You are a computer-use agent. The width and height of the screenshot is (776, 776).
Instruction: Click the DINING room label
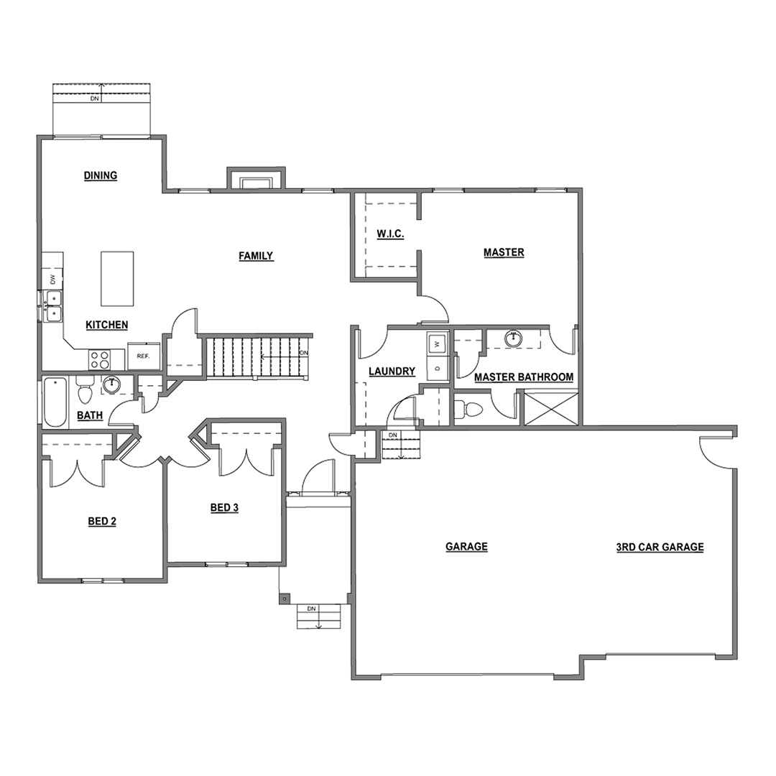tap(101, 176)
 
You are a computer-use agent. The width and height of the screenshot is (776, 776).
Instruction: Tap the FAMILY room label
tap(256, 256)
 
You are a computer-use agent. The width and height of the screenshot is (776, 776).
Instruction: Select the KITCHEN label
tap(107, 325)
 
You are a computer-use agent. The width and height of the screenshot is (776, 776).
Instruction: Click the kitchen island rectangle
tap(117, 279)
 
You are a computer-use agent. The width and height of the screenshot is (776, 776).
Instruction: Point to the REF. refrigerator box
tap(144, 356)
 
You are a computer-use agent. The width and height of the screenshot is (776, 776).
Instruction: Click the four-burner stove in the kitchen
tap(100, 359)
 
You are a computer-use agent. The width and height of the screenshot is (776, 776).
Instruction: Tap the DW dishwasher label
tap(53, 279)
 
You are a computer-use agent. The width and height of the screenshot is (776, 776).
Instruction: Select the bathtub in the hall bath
tap(55, 402)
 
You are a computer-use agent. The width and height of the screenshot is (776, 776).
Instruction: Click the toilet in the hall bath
tap(85, 390)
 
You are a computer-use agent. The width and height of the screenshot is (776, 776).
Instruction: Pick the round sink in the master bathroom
tap(514, 338)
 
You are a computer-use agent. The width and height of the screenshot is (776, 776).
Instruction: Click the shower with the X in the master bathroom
tap(551, 409)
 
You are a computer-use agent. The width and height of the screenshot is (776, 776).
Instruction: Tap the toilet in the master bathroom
tap(468, 409)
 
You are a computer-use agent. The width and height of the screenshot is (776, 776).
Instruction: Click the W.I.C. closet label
tap(390, 234)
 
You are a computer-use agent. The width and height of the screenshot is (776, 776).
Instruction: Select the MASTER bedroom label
tap(504, 252)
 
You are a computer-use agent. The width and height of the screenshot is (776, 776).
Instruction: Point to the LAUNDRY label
tap(392, 371)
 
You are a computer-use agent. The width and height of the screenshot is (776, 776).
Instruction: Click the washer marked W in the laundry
tap(437, 343)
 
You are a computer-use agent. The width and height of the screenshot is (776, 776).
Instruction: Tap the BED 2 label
tap(102, 521)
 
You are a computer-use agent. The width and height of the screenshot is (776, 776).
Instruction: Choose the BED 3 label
tap(224, 508)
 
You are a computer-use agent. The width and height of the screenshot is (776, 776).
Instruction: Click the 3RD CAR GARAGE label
tap(660, 547)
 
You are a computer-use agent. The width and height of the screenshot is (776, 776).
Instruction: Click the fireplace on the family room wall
tap(256, 179)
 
